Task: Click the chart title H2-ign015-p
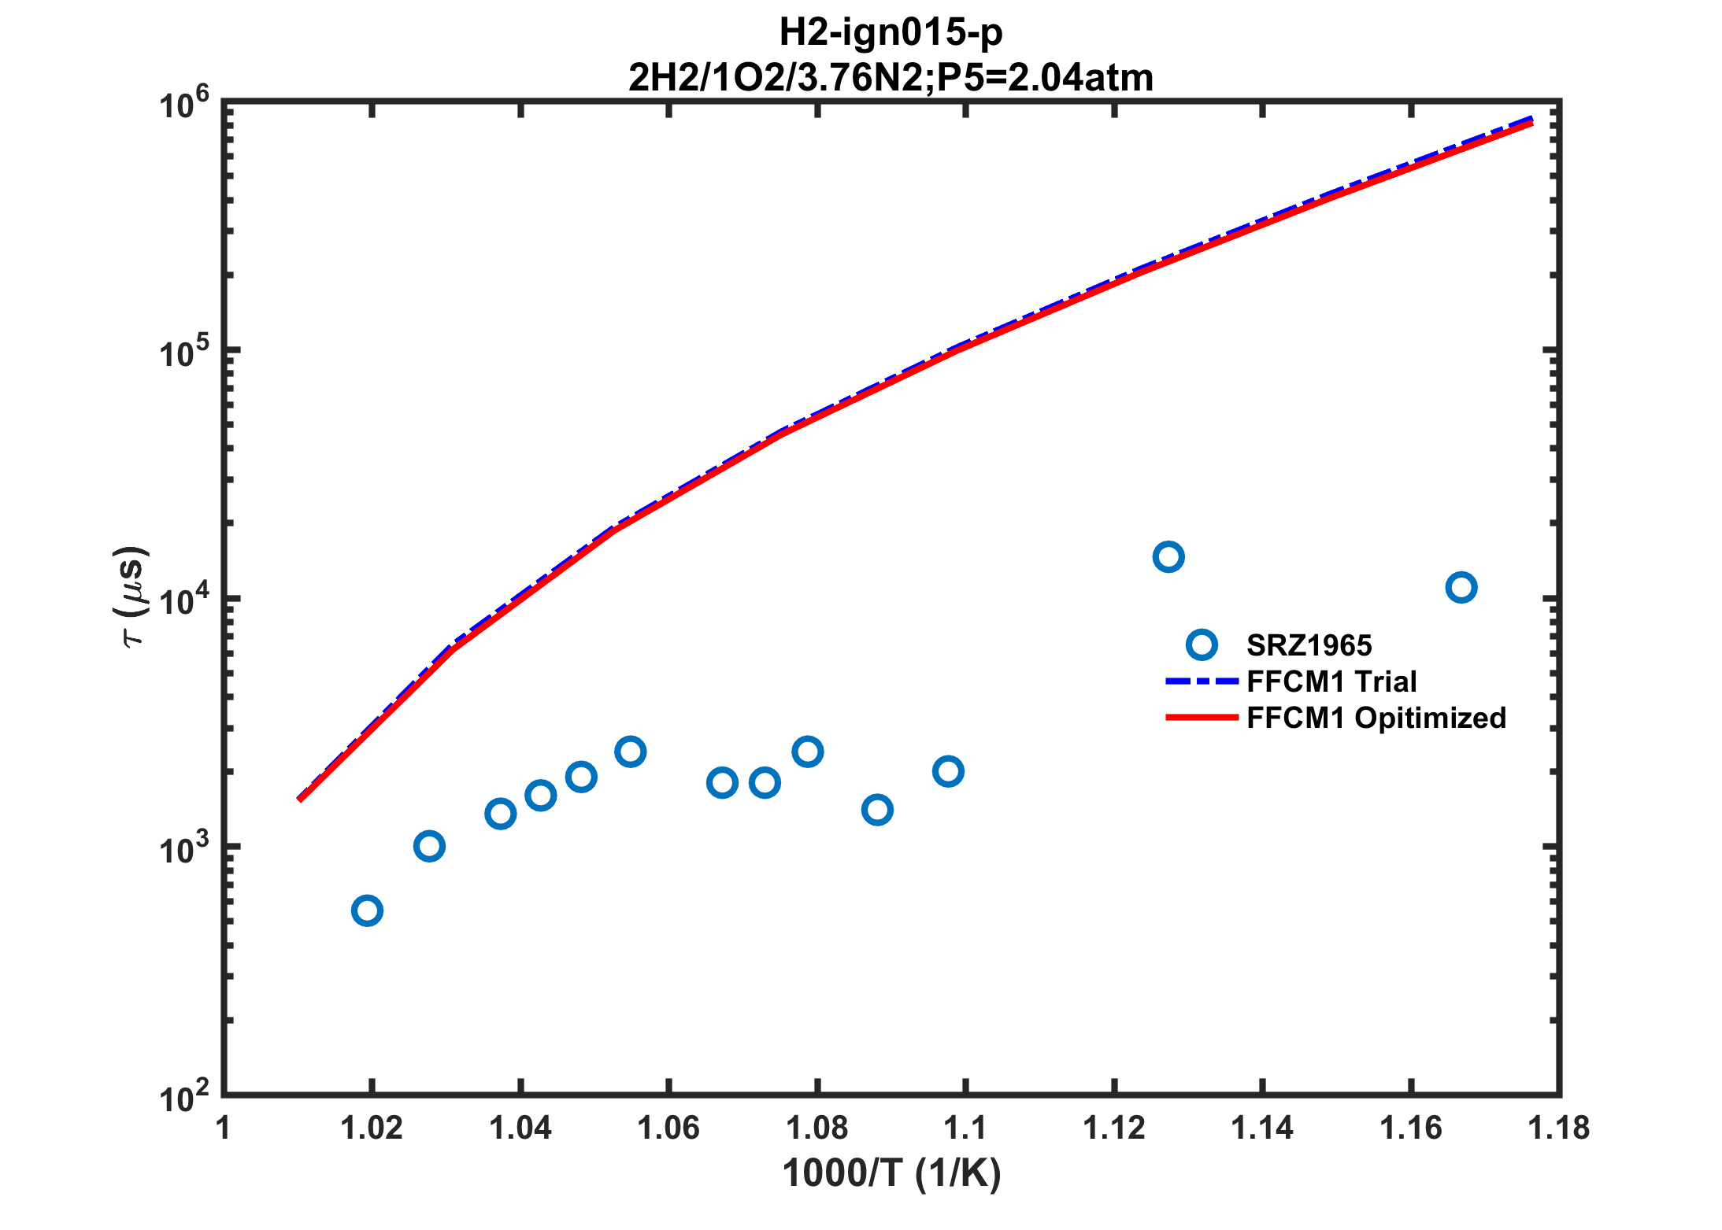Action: (x=891, y=32)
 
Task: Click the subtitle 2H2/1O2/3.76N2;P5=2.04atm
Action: (x=891, y=77)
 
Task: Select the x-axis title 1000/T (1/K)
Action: (x=891, y=1173)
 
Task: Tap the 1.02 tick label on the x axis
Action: (x=372, y=1128)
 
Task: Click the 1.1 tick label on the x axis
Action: (x=965, y=1128)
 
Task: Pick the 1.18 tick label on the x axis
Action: (x=1558, y=1128)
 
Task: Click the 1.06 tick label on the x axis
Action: (x=668, y=1128)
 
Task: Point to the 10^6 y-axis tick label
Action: (x=184, y=105)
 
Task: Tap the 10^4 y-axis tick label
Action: (x=184, y=600)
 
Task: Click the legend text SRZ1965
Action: (x=1309, y=645)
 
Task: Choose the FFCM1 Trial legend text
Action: (x=1331, y=681)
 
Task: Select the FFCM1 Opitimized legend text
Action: (x=1376, y=718)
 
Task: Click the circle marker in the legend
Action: (x=1202, y=645)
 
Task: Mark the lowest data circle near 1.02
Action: (x=367, y=911)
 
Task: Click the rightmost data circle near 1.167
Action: (x=1461, y=587)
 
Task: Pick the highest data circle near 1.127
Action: (x=1168, y=557)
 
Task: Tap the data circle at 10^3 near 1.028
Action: (x=428, y=846)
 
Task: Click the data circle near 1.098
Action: (x=948, y=771)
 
